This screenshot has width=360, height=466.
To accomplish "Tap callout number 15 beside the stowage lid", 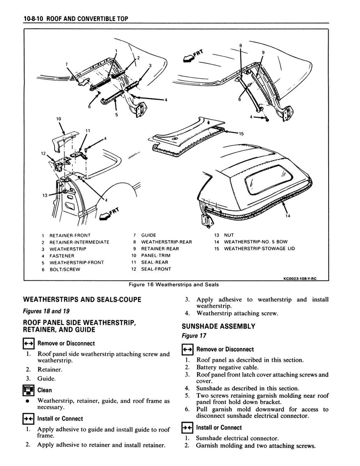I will coord(241,133).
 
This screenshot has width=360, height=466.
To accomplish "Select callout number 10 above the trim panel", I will coord(58,119).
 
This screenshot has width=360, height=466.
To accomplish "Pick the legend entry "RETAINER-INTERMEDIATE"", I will coord(79,242).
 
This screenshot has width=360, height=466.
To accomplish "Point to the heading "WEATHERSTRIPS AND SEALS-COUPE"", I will coord(82,299).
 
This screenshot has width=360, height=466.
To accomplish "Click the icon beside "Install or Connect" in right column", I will coord(187,428).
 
